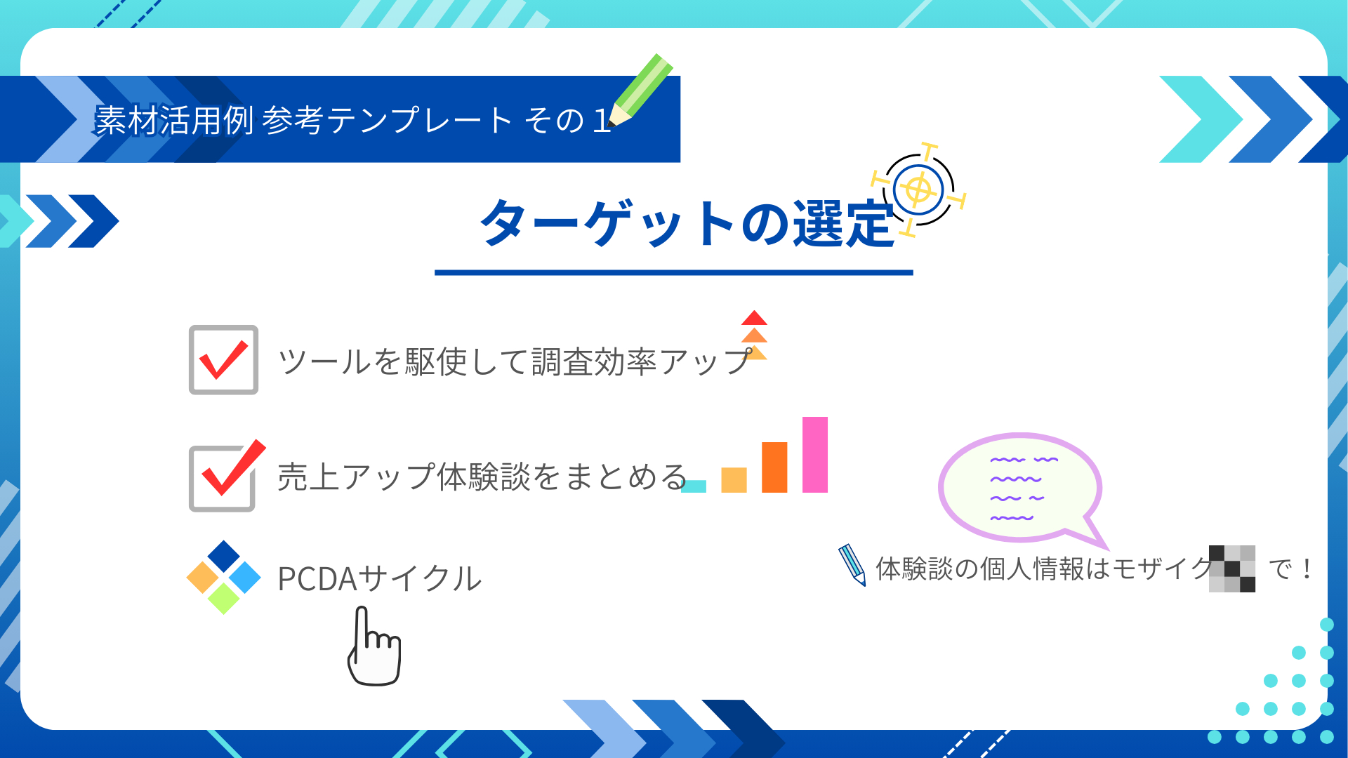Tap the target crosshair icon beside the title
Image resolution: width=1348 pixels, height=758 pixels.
coord(918,189)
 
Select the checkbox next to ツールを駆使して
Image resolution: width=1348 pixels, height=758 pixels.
coord(223,360)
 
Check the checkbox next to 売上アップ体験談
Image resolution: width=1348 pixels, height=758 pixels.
coord(223,478)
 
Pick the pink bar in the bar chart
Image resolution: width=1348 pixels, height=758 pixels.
coord(814,455)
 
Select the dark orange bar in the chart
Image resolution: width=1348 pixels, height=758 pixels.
coord(774,467)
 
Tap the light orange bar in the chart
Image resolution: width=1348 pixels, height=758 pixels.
coord(734,480)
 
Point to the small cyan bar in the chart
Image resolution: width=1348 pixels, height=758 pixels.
coord(694,486)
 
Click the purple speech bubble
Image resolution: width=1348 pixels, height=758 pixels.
coord(1020,488)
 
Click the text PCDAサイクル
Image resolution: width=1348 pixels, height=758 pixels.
coord(379,579)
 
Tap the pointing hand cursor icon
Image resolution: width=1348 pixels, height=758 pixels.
coord(374,649)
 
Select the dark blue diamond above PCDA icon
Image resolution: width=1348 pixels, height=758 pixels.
coord(224,556)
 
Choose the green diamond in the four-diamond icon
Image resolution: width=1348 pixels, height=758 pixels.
coord(224,599)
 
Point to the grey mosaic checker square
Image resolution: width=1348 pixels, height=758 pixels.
coord(1231,568)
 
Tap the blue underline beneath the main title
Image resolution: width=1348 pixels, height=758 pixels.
coord(673,272)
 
